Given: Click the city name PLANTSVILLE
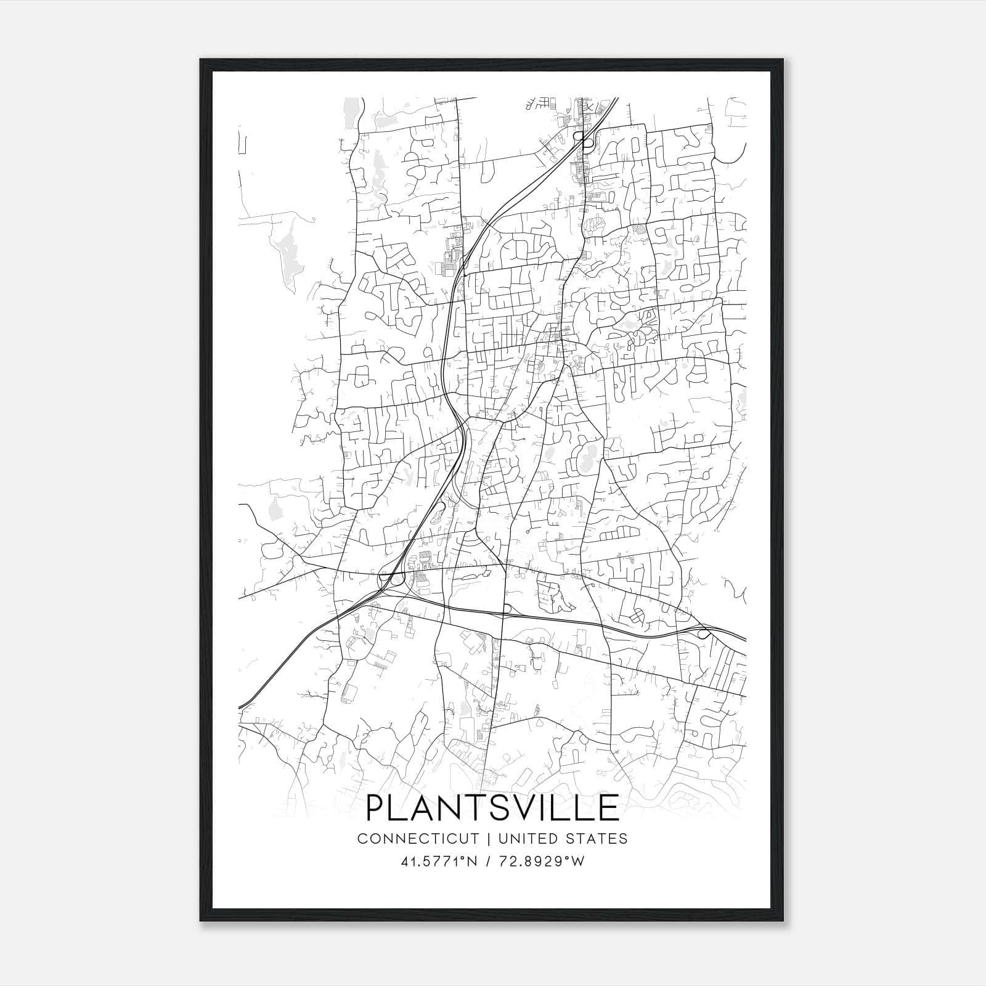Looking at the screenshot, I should click(492, 807).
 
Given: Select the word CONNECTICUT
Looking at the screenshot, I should click(418, 839).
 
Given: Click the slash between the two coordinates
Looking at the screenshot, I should click(489, 862).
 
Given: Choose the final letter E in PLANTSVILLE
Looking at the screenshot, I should click(609, 807).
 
